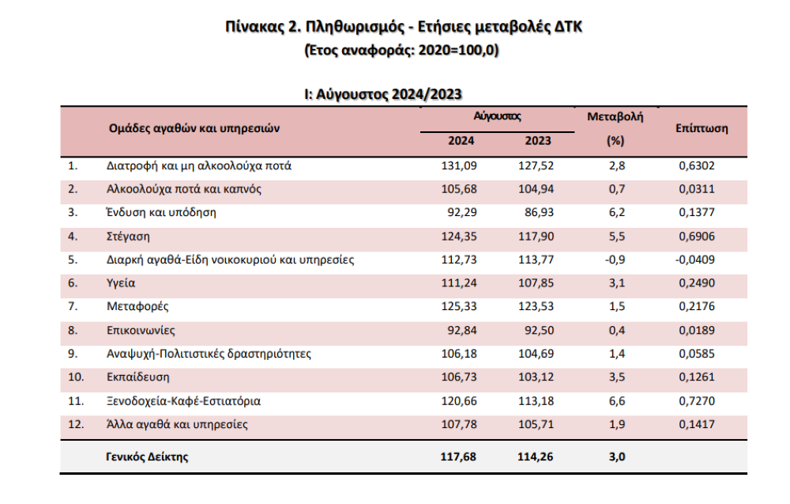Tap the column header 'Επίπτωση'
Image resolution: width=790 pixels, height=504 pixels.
(x=702, y=128)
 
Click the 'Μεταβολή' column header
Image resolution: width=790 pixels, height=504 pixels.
(x=615, y=116)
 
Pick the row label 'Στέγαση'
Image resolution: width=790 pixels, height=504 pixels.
(x=128, y=235)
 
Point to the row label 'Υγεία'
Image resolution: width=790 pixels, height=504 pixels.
(x=121, y=282)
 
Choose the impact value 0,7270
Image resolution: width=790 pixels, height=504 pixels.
(x=698, y=401)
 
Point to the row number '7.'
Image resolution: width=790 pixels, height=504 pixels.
(x=73, y=306)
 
